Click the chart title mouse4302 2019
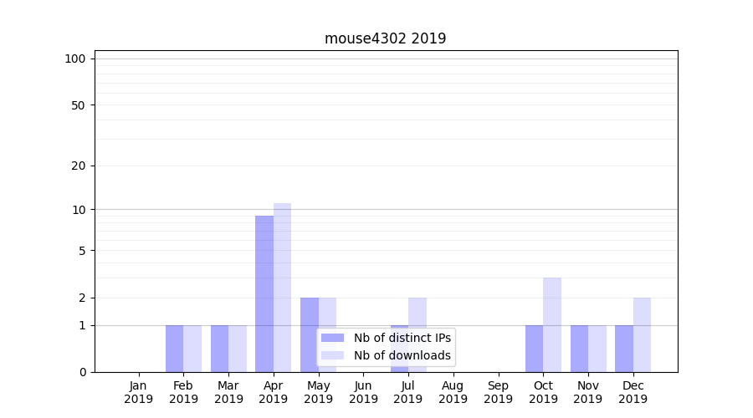385,38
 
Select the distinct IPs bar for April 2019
264,293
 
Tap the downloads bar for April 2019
282,288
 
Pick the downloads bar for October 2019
552,324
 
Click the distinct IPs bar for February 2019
174,349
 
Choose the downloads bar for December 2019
642,334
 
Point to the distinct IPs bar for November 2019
579,349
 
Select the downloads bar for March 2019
238,349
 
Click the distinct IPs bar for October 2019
534,349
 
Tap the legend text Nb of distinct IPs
402,338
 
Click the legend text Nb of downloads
402,355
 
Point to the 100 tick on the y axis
75,59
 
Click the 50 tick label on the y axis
79,105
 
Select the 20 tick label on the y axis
79,166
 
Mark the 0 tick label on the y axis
82,372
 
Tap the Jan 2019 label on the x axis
139,392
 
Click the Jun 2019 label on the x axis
363,392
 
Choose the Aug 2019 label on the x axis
453,392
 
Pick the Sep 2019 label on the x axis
498,392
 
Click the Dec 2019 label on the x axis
633,392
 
